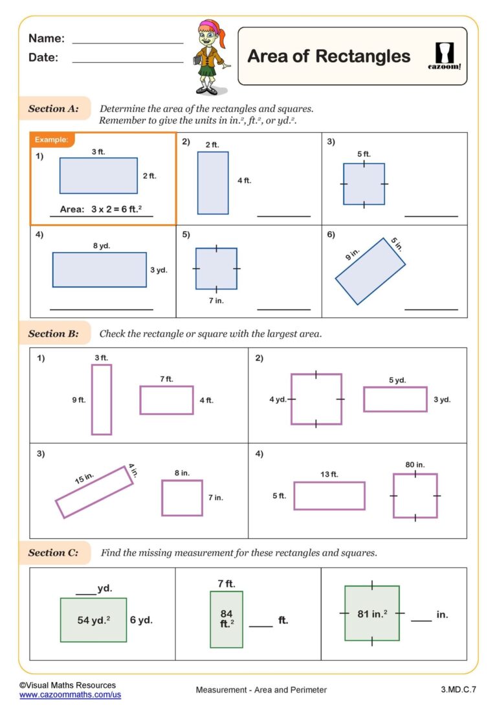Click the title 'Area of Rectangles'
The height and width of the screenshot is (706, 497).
[x=329, y=56]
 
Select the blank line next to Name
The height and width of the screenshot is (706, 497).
[x=127, y=43]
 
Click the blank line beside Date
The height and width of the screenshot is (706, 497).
[x=127, y=62]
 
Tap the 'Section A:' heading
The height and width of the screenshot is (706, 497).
[x=53, y=109]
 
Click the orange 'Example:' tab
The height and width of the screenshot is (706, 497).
[x=51, y=139]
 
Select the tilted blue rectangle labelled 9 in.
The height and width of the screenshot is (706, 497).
[x=370, y=271]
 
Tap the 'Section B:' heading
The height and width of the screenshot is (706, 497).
[x=53, y=334]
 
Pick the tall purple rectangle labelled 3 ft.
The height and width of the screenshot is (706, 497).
[x=102, y=399]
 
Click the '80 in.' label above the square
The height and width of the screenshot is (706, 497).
[x=415, y=465]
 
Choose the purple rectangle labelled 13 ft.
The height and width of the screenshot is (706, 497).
[x=329, y=495]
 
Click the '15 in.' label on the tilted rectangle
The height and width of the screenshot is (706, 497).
[x=84, y=479]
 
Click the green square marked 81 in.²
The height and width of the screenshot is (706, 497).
[x=372, y=613]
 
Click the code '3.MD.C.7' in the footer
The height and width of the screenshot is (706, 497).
[x=458, y=690]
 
